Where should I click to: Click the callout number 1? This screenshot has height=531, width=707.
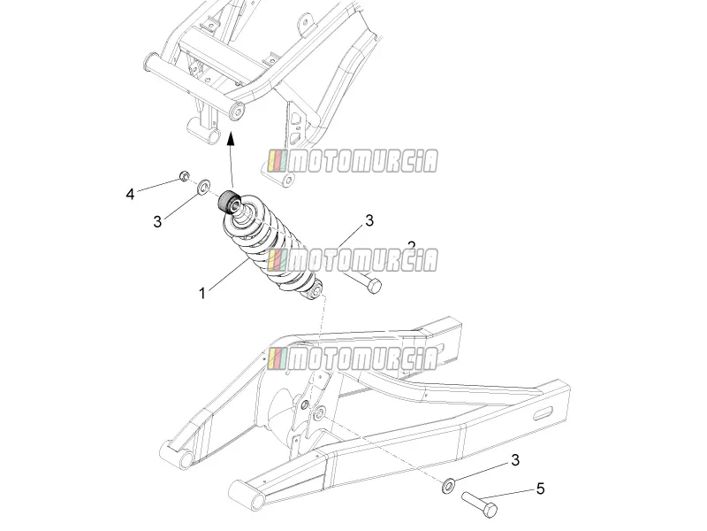202,294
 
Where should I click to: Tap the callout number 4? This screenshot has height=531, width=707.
130,194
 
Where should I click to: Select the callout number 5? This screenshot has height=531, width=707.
540,489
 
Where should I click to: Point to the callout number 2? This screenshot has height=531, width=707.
411,246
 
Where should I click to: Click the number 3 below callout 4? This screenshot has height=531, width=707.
157,222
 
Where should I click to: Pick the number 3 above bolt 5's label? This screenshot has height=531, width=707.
515,460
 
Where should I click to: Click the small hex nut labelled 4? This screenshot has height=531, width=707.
184,175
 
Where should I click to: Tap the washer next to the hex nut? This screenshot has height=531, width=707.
204,186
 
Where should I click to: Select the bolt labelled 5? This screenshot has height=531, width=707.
479,504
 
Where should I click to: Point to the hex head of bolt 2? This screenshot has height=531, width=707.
374,286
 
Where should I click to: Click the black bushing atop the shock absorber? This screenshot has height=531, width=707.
229,202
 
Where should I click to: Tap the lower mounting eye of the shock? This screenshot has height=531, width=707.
315,289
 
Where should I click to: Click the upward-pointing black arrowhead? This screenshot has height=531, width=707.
231,138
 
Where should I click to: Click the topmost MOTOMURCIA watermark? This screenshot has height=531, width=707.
353,161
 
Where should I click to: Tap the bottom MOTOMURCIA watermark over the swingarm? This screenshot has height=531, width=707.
353,358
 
